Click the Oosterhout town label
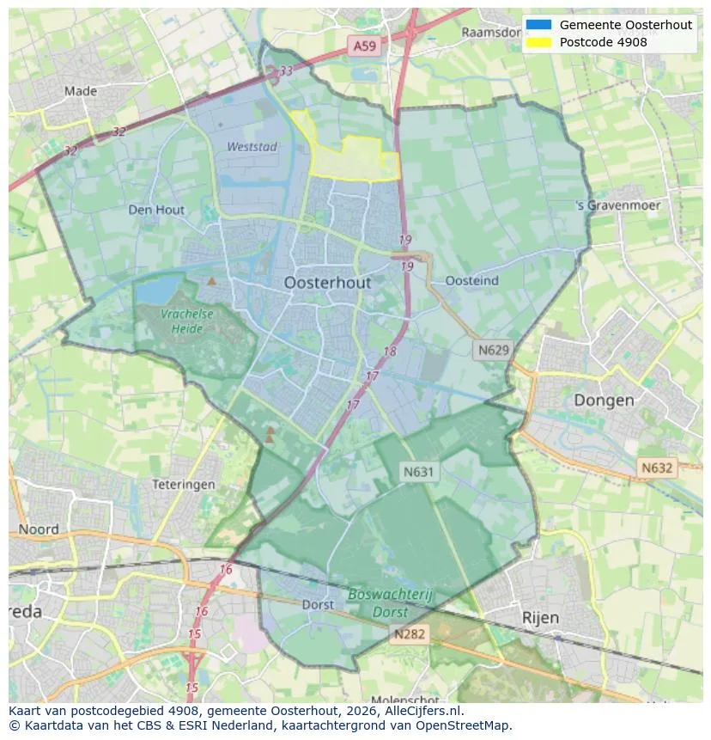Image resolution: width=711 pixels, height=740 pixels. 327,283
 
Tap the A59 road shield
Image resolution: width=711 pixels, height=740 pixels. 362,46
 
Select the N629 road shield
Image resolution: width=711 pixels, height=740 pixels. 493,350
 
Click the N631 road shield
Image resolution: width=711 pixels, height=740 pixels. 419,471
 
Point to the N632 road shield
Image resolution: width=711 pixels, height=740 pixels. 657,468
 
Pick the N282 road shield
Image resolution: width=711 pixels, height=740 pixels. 410,634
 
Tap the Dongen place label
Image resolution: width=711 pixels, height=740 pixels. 604,401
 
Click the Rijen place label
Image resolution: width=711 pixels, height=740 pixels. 540,618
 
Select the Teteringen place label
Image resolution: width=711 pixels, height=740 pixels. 183,485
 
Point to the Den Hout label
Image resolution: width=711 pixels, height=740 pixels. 156,210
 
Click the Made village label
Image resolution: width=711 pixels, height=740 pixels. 81,90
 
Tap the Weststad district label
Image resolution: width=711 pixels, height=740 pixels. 252,147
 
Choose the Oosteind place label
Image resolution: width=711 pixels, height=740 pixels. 472,281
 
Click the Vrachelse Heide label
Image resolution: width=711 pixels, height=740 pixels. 187,321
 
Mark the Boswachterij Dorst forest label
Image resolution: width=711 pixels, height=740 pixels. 391,603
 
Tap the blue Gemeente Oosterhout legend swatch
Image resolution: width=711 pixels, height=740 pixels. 539,25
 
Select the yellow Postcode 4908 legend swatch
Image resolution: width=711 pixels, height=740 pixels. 539,42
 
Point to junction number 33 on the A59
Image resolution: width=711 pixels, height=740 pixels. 285,70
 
